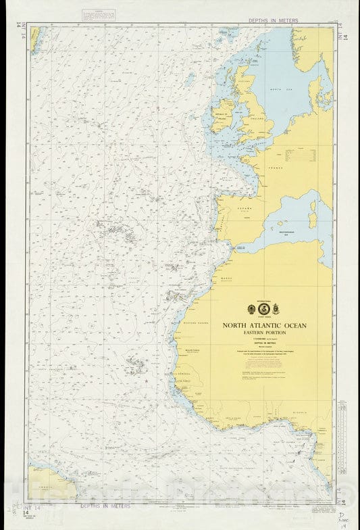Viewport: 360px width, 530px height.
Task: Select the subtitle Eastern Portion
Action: tap(265, 333)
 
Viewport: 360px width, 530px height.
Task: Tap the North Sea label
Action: tap(277, 89)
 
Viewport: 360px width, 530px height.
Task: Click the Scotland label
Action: tap(245, 81)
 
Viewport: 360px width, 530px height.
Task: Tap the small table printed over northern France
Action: tap(301, 155)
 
